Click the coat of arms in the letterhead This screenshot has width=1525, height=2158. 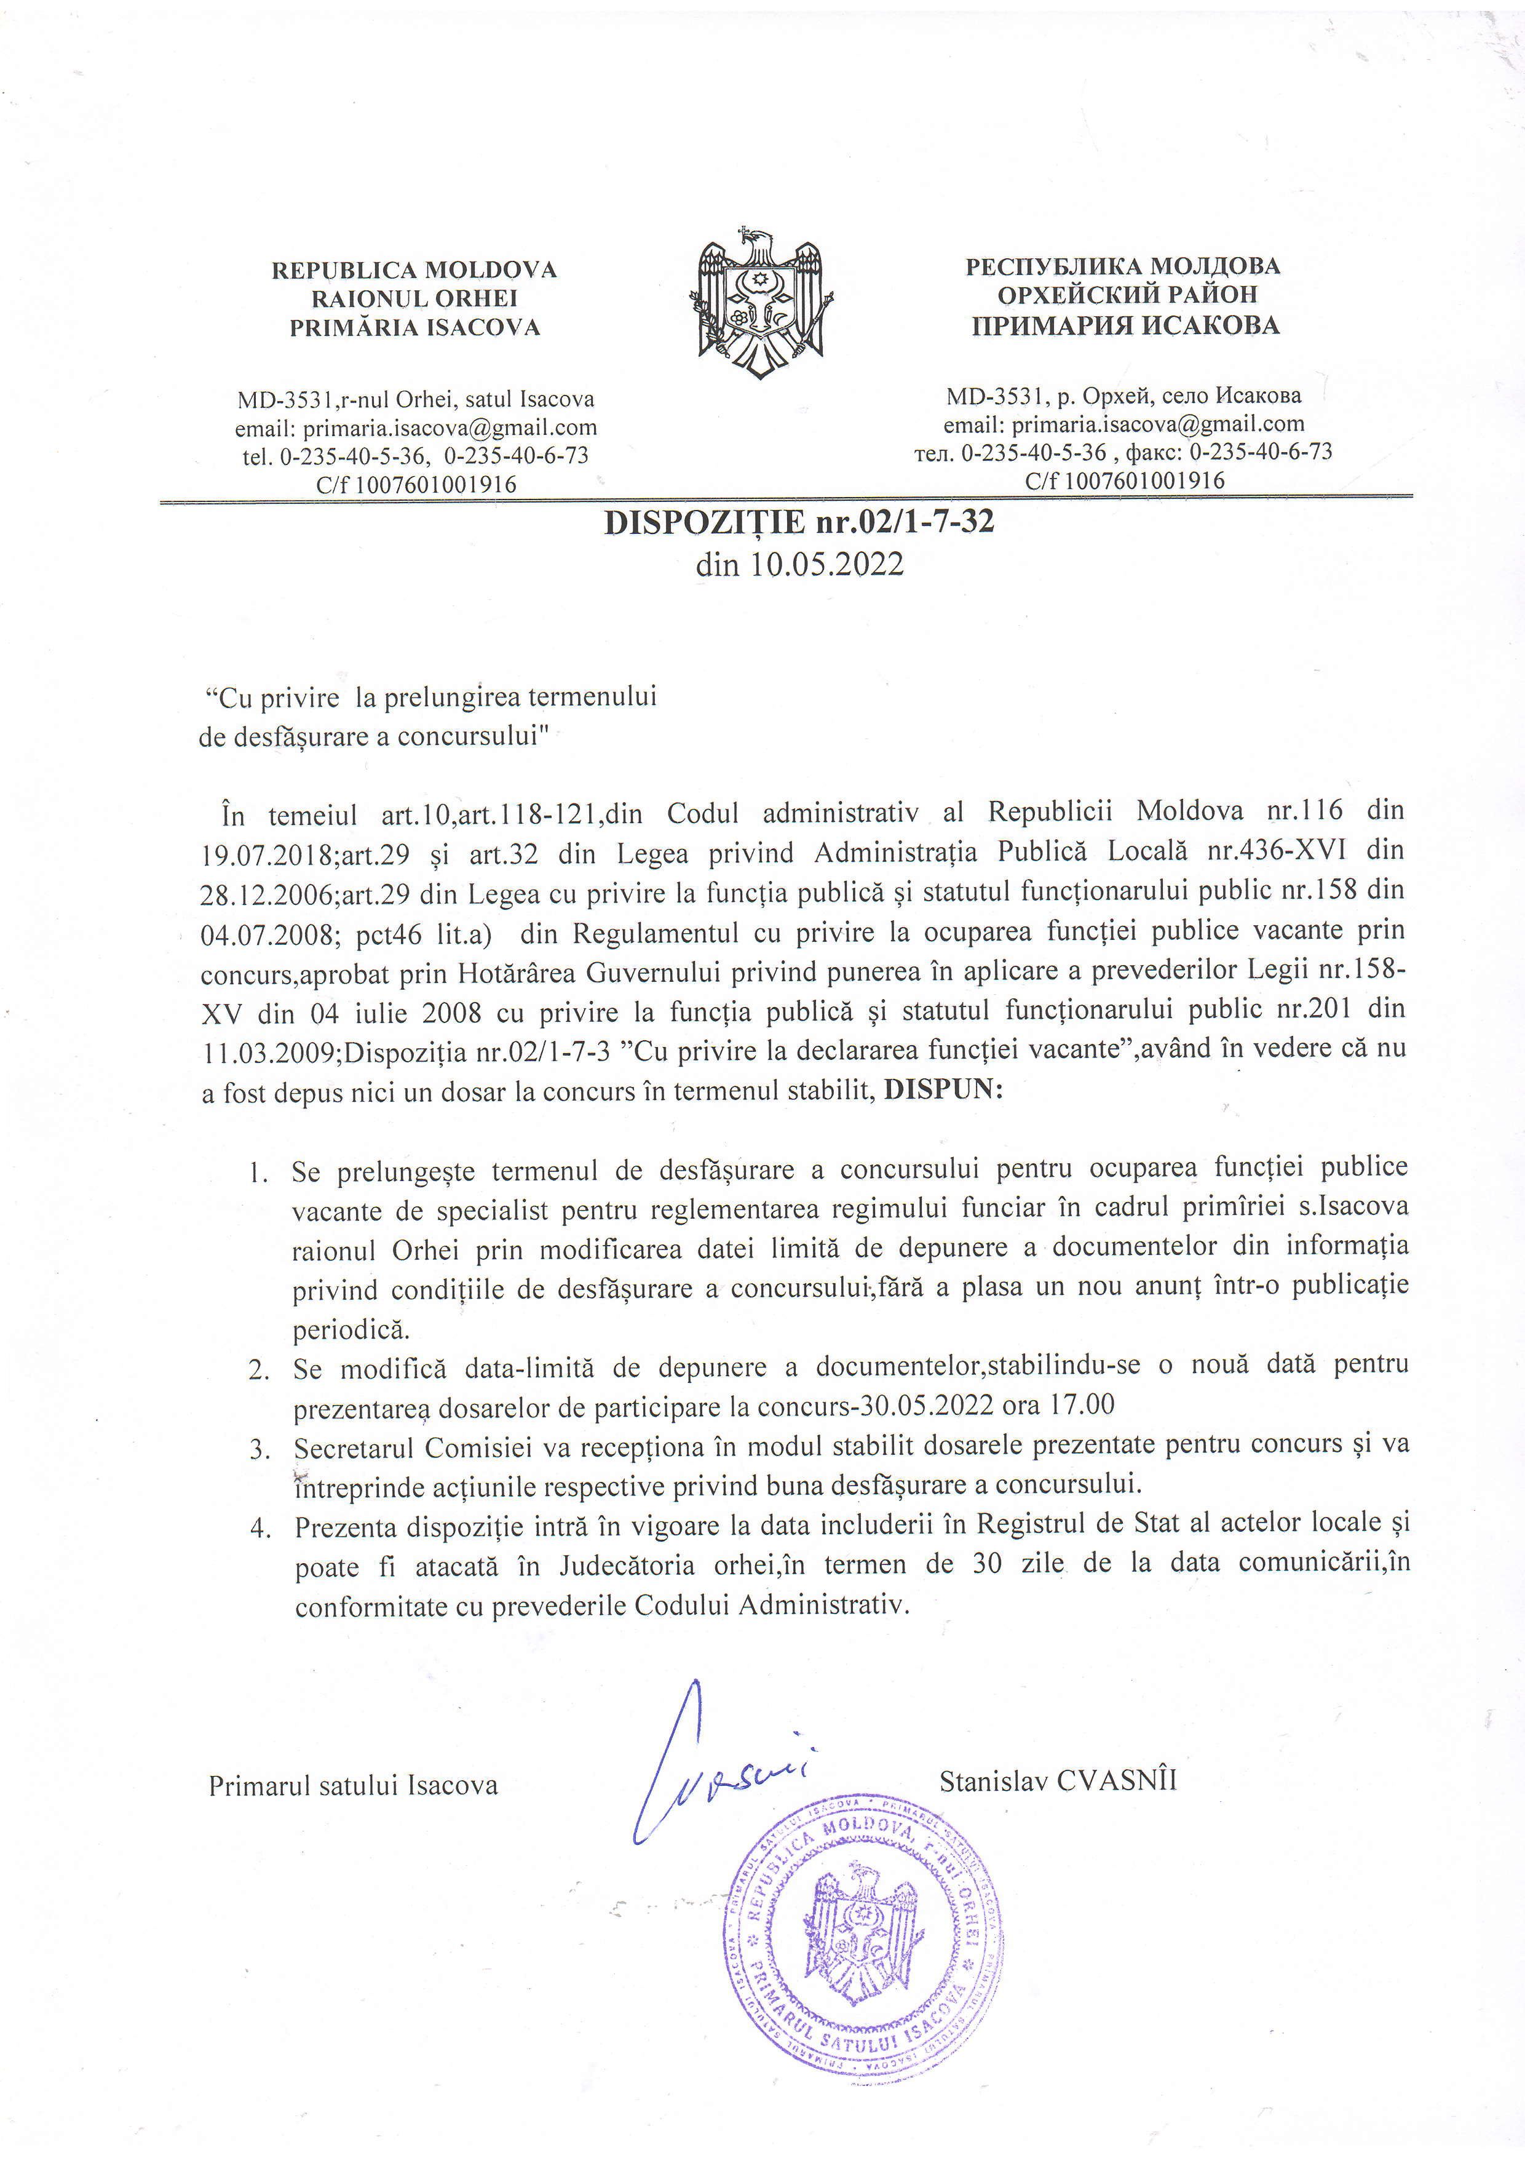761,303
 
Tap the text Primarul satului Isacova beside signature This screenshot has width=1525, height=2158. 354,1785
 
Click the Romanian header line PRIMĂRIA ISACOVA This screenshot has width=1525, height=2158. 414,327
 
